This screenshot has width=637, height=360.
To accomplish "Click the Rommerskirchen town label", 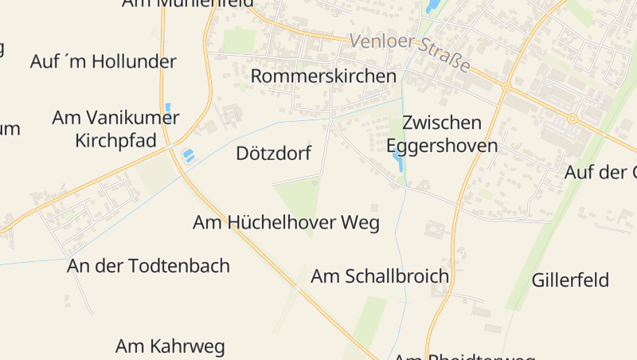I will pyautogui.click(x=323, y=76).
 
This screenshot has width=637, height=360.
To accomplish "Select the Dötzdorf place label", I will pyautogui.click(x=273, y=154).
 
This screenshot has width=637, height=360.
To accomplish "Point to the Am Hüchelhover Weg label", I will pyautogui.click(x=286, y=223).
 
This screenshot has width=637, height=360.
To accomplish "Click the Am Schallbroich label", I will pyautogui.click(x=380, y=276).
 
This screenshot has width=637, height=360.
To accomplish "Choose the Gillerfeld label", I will pyautogui.click(x=570, y=280).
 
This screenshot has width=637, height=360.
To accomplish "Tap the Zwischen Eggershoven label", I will pyautogui.click(x=442, y=134).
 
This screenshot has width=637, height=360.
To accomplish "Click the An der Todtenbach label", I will pyautogui.click(x=149, y=266).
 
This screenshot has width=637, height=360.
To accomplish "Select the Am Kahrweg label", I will pyautogui.click(x=170, y=346).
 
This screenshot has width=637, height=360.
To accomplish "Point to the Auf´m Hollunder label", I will pyautogui.click(x=104, y=61).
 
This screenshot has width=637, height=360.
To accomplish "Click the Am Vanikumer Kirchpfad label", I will pyautogui.click(x=115, y=129).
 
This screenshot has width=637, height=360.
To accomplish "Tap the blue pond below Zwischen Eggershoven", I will pyautogui.click(x=397, y=162).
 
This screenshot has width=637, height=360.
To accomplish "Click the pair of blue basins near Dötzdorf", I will pyautogui.click(x=189, y=155).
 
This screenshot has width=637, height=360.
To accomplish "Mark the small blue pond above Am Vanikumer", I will pyautogui.click(x=167, y=106).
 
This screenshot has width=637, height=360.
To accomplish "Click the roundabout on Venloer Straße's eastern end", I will pyautogui.click(x=572, y=118).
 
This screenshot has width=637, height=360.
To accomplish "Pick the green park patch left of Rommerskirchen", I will pyautogui.click(x=240, y=41).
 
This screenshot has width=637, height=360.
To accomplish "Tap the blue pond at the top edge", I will pyautogui.click(x=432, y=6).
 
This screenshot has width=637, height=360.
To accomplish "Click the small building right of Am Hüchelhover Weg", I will pyautogui.click(x=375, y=209).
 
